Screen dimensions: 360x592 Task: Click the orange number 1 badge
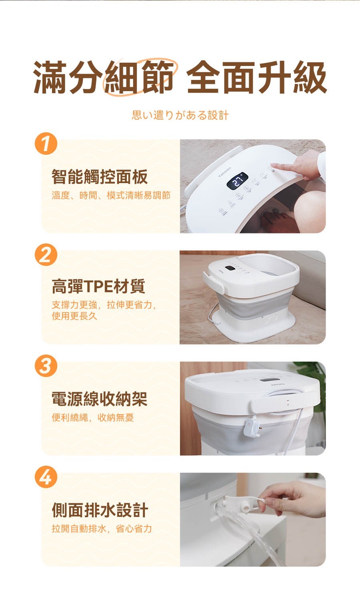click(x=46, y=144)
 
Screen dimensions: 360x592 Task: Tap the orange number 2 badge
click(x=46, y=255)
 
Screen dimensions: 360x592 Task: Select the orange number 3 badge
click(x=46, y=366)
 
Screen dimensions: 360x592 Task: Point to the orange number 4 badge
click(x=46, y=477)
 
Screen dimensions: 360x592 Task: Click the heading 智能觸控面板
click(x=100, y=177)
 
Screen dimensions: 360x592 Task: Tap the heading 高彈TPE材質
click(x=98, y=286)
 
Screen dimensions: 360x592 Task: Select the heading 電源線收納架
click(x=100, y=399)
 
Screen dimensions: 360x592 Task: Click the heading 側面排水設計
click(x=100, y=510)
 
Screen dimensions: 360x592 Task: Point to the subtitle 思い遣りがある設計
click(x=180, y=115)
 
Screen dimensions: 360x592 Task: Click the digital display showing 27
click(x=237, y=181)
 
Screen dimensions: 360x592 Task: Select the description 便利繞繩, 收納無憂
click(x=93, y=418)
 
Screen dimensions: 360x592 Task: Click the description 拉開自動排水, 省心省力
click(x=102, y=528)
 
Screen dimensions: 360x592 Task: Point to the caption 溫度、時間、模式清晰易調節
click(x=111, y=195)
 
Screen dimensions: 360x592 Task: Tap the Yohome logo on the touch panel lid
click(x=224, y=172)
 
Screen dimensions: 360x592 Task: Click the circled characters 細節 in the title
click(x=139, y=77)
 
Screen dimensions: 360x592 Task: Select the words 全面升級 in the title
click(x=256, y=77)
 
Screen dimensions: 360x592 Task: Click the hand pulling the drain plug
click(x=294, y=498)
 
